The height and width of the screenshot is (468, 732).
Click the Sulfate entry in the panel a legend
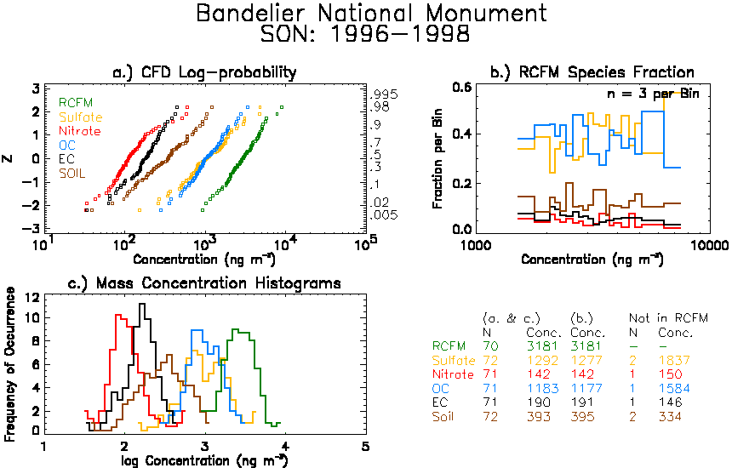(x=80, y=117)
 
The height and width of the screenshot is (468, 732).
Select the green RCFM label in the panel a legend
(x=76, y=103)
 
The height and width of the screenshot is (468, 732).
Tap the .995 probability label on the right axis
(x=383, y=94)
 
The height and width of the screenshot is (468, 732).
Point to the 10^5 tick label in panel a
(x=365, y=243)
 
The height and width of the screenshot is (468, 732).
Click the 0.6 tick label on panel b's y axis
(x=461, y=88)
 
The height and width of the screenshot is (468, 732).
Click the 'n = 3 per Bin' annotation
(x=653, y=94)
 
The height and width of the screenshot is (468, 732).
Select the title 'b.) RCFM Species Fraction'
(x=592, y=72)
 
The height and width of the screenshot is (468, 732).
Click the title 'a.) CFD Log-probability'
(x=205, y=72)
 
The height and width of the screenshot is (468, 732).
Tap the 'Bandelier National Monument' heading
(x=371, y=13)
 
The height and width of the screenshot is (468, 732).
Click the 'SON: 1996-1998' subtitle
(x=365, y=33)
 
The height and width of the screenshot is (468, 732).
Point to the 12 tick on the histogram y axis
(x=32, y=298)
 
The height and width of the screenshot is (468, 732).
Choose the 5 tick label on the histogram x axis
(x=365, y=447)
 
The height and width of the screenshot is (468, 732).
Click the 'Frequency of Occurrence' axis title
(x=10, y=364)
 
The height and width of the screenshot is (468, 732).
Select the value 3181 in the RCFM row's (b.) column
(x=586, y=346)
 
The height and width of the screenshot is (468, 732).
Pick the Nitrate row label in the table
(x=453, y=374)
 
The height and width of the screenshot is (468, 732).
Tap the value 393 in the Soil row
(x=539, y=417)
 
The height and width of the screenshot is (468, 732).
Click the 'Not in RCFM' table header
(x=668, y=318)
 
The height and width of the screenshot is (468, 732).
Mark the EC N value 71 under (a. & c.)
(x=489, y=402)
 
